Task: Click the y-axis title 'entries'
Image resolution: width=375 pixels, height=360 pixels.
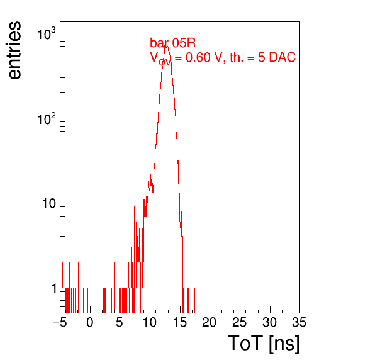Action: tap(15, 50)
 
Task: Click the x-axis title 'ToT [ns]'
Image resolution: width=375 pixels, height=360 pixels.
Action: tap(264, 344)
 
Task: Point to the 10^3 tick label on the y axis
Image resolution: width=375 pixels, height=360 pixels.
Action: tap(47, 34)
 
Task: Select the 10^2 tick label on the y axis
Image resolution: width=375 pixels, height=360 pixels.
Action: tap(47, 119)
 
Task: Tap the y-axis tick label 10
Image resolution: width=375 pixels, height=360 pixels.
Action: tap(49, 203)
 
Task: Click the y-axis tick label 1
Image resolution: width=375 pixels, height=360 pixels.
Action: tap(54, 288)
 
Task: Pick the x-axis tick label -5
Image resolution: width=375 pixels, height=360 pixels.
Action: tap(60, 322)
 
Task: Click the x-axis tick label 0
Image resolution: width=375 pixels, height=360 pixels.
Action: tap(90, 322)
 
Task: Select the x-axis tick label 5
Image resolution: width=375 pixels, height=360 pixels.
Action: tap(120, 322)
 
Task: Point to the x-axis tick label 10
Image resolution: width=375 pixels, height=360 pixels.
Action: tap(150, 322)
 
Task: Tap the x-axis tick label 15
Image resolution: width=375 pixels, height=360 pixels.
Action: tap(180, 322)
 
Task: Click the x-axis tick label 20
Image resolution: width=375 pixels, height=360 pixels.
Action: tap(210, 322)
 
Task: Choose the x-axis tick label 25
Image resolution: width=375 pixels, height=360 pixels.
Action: tap(239, 322)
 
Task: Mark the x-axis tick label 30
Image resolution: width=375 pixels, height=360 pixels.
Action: tap(269, 322)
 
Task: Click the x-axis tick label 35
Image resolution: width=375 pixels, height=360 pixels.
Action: tap(299, 322)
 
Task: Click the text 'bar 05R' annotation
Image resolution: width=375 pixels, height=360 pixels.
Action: tap(172, 43)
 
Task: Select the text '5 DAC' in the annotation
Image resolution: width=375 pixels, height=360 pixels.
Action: tap(277, 57)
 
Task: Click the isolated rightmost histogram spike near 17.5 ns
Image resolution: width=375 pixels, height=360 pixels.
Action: tap(194, 300)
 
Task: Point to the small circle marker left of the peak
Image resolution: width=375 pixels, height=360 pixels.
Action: tap(162, 62)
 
